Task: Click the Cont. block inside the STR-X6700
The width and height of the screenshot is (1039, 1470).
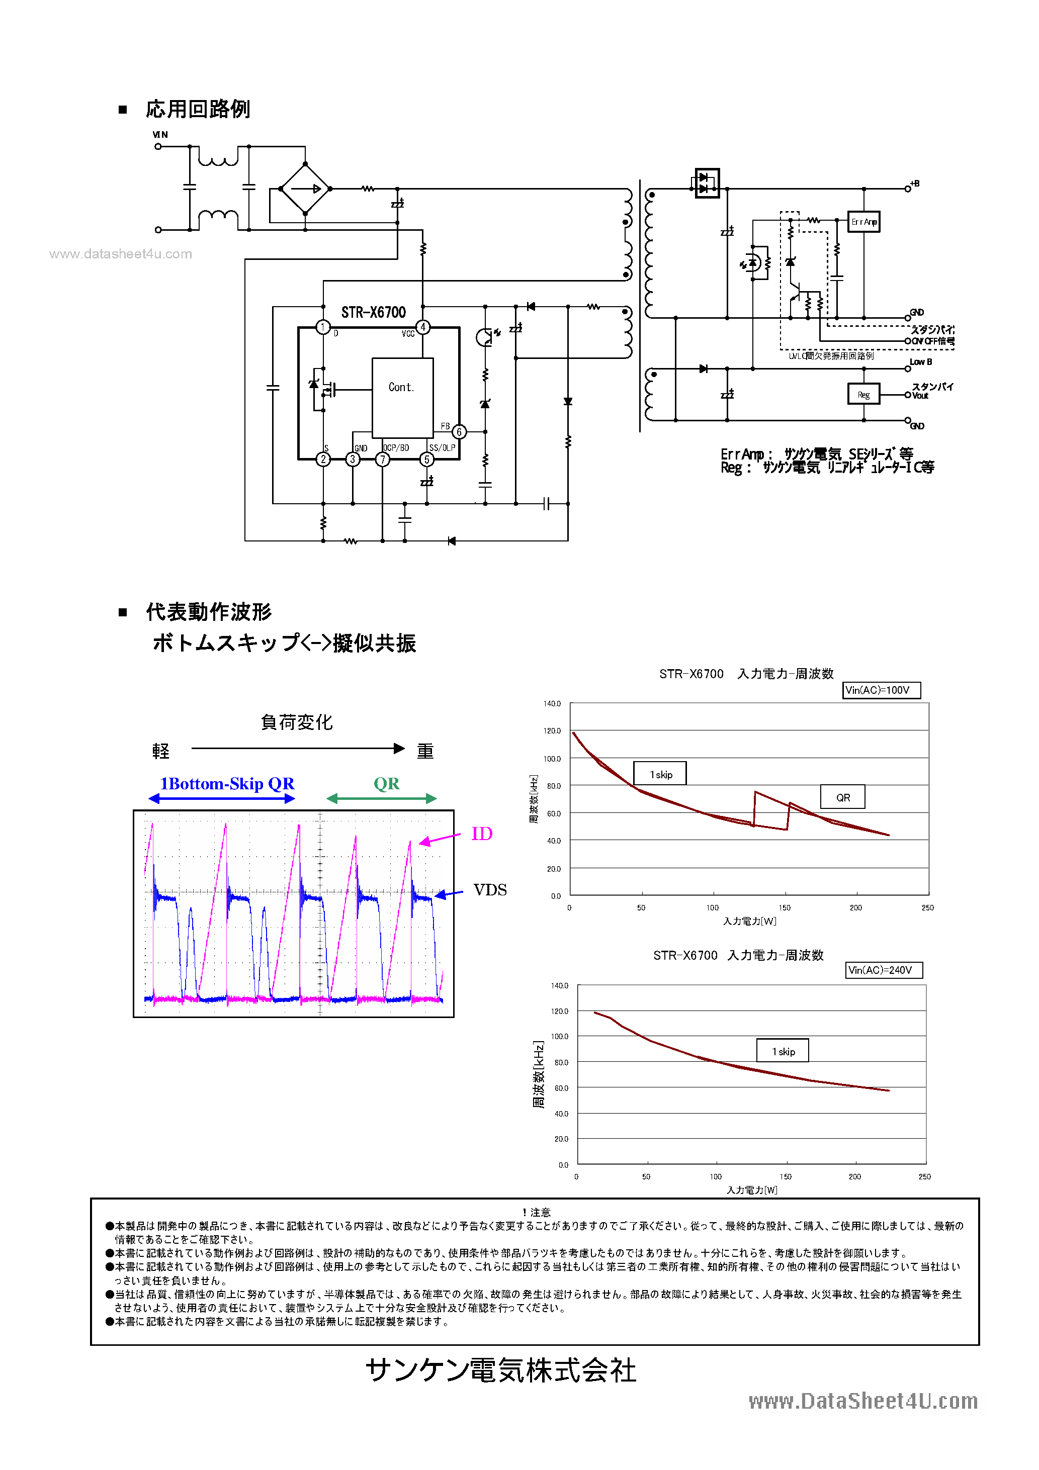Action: coord(402,397)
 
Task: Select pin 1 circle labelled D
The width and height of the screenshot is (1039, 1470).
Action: coord(323,328)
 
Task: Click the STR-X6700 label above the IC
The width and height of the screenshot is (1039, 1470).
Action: coord(374,312)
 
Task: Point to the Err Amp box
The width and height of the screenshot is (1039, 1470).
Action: coord(863,222)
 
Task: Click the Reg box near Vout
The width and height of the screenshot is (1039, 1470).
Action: coord(863,394)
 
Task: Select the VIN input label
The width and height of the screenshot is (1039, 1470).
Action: coord(160,134)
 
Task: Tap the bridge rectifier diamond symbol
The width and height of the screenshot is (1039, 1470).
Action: coord(305,189)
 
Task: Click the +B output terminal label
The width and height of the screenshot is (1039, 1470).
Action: coord(915,184)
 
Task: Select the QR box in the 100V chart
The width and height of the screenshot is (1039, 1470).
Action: coord(842,797)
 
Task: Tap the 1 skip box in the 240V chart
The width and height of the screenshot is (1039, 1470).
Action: coord(782,1051)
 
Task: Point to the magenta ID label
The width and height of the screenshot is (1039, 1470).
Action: coord(482,834)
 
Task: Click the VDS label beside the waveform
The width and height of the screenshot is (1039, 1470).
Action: coord(490,890)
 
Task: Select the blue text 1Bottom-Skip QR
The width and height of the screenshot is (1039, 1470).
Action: coord(227,784)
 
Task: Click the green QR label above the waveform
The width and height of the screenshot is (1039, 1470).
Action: coord(386,784)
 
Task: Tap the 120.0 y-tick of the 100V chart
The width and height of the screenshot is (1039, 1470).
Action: coord(552,730)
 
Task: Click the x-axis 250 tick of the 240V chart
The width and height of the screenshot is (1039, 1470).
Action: coord(924,1177)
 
